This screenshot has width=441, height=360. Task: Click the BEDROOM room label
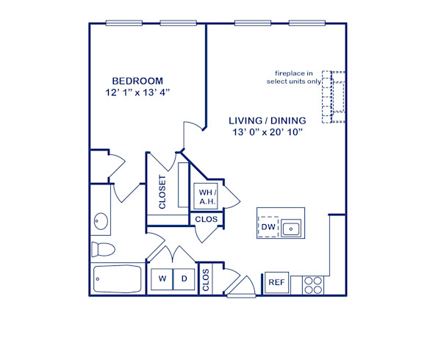click(137, 80)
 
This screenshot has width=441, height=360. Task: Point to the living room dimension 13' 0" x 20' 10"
click(267, 132)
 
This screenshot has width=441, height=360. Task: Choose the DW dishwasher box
click(268, 228)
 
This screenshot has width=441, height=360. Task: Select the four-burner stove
click(314, 284)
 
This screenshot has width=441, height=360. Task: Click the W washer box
click(159, 280)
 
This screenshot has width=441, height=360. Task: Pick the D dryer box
click(184, 280)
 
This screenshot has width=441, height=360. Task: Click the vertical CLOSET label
click(162, 192)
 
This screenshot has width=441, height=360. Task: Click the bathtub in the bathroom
click(118, 279)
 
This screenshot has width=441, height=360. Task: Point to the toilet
click(102, 248)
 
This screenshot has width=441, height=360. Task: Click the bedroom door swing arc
click(191, 134)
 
